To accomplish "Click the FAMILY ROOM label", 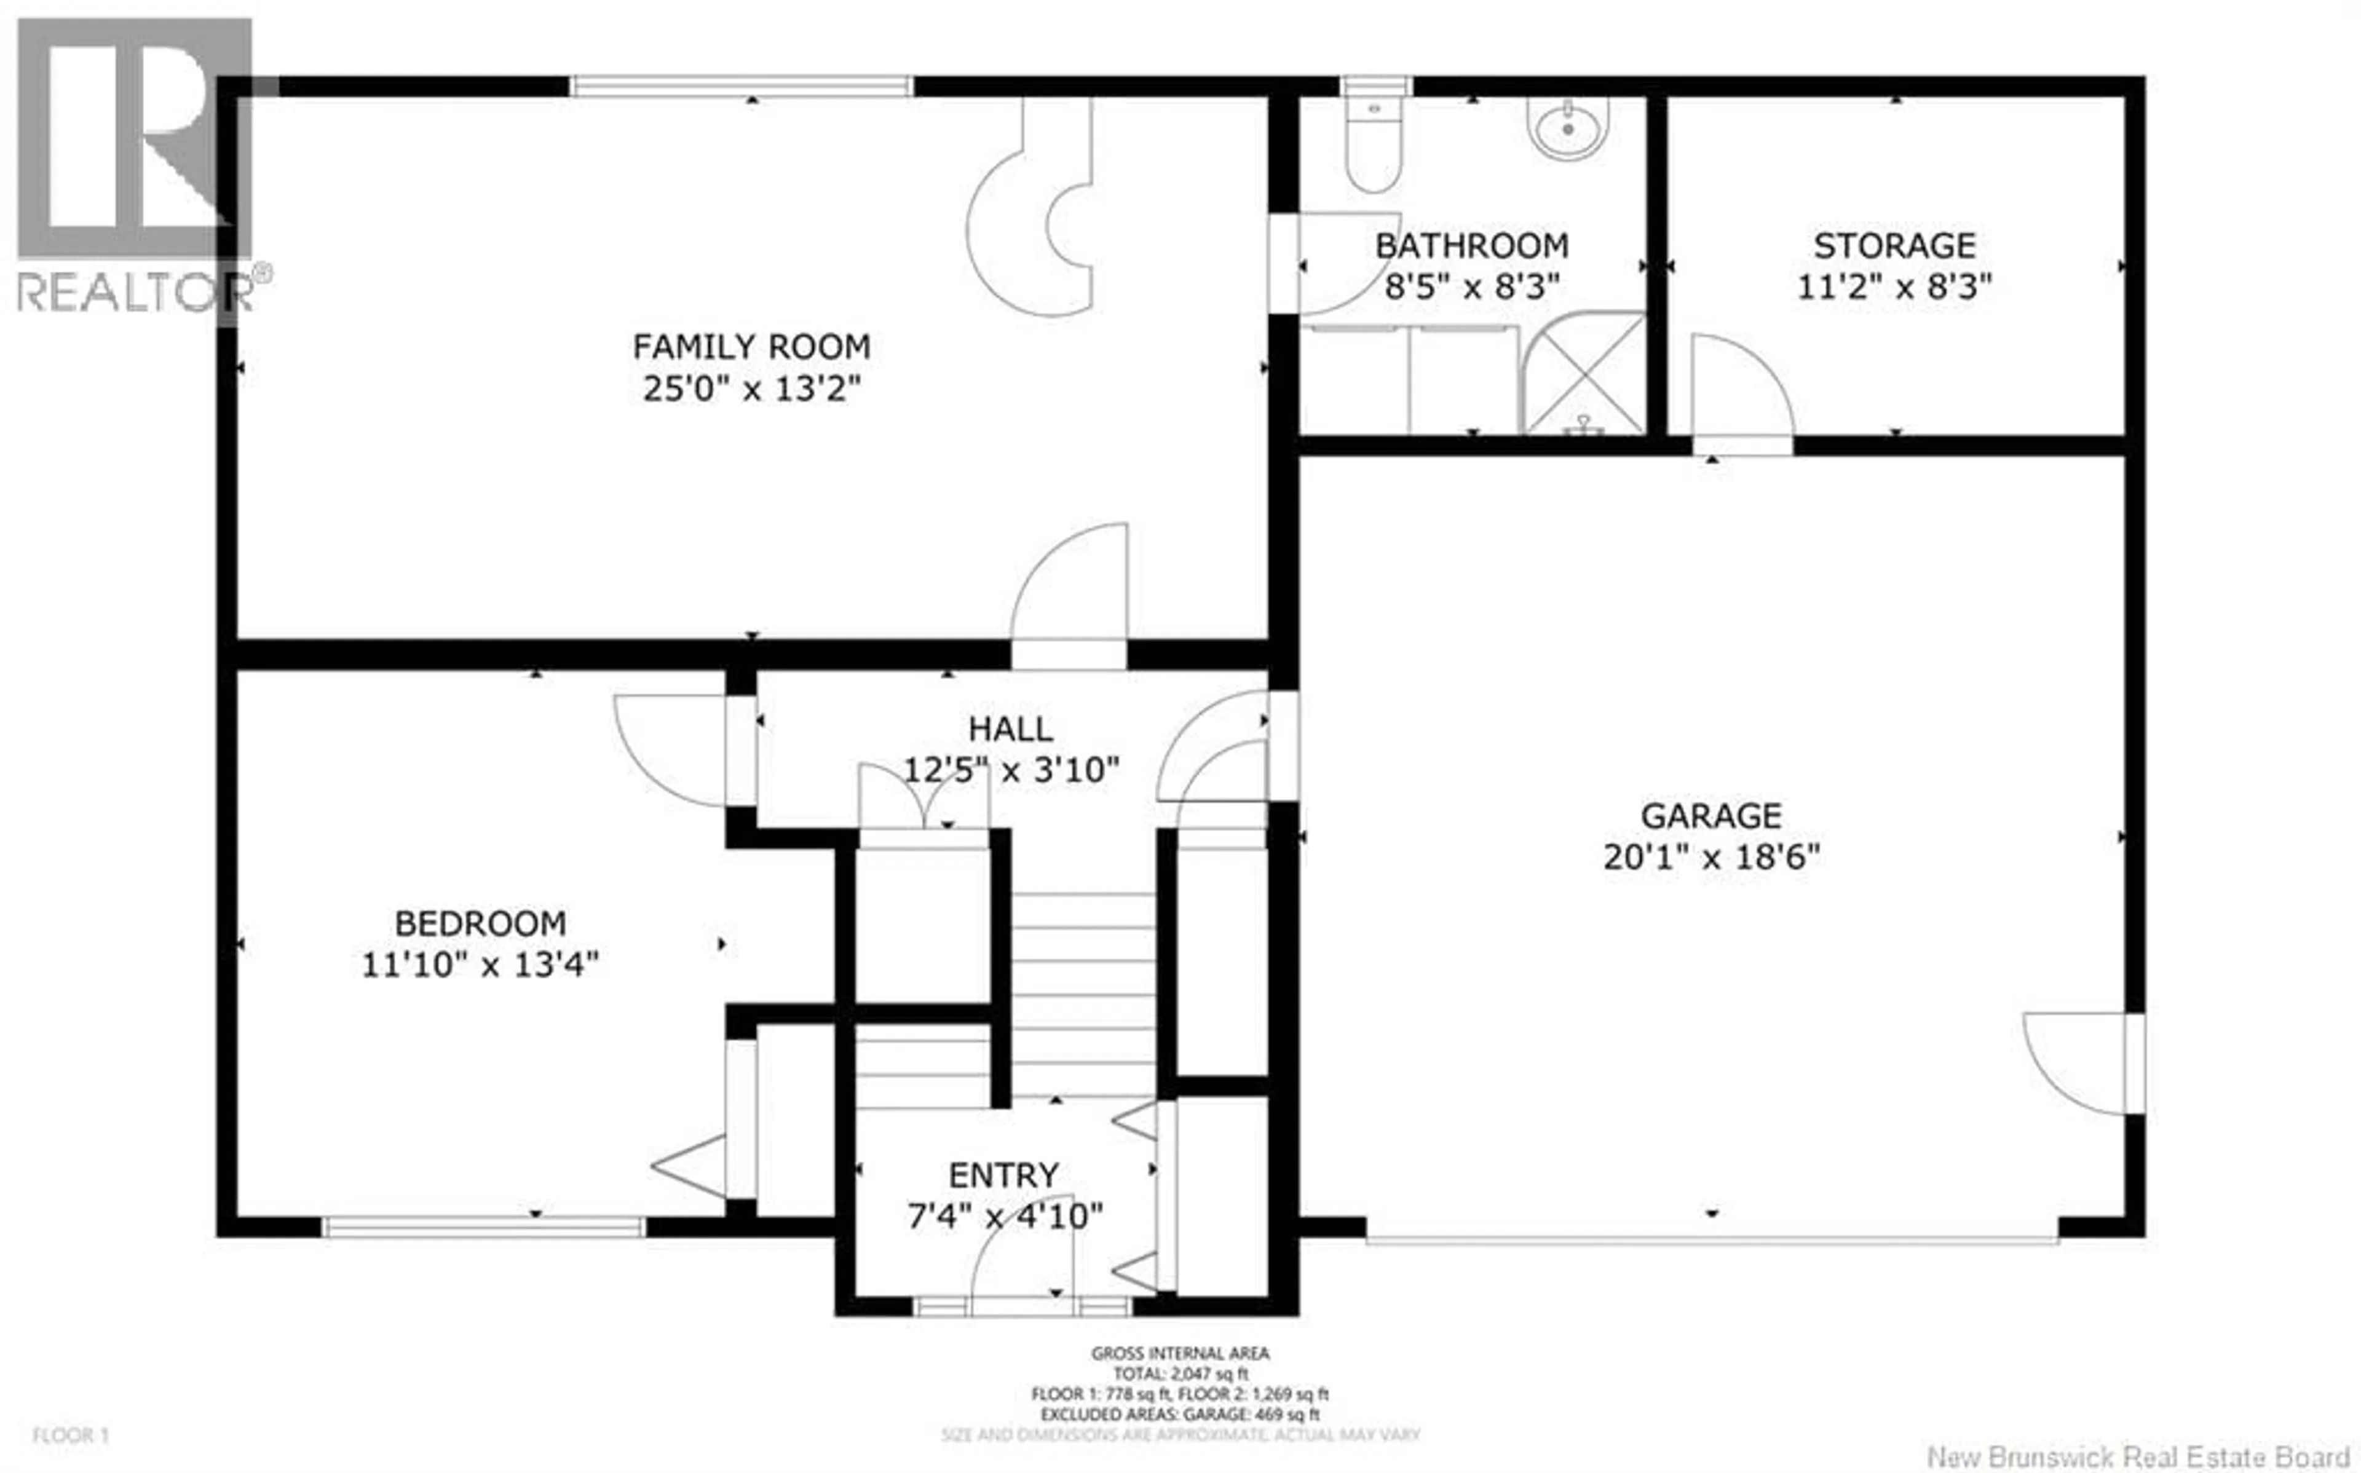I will [751, 347].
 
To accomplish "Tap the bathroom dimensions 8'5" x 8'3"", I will [1472, 287].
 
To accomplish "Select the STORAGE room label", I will [1894, 245].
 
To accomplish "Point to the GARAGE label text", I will [1710, 815].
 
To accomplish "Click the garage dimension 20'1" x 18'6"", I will [1710, 857].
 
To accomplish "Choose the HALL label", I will [1010, 729].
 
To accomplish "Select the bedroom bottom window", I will [483, 1226].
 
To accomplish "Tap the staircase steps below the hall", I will [1083, 993].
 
